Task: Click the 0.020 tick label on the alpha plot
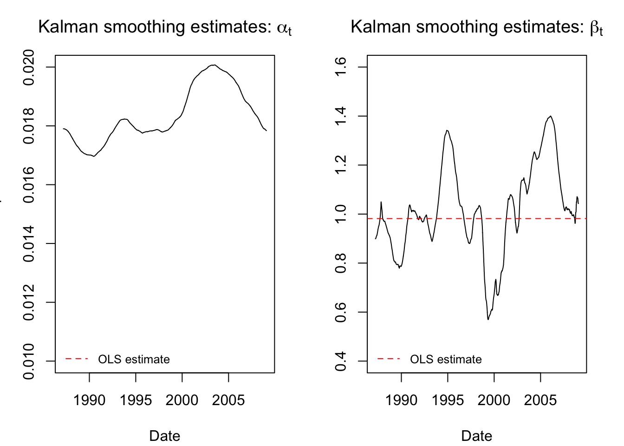pos(29,67)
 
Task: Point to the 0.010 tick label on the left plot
pos(29,361)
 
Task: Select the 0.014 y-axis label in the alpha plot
pos(29,244)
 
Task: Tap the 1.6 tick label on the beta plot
pos(341,67)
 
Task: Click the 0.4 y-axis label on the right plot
pos(341,361)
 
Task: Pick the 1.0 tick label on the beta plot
pos(341,214)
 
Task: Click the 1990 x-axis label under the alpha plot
pos(89,400)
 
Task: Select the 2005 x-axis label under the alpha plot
pos(228,400)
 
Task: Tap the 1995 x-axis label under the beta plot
pos(448,400)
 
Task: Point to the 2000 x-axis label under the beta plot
pos(494,400)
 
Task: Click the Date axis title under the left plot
pos(164,436)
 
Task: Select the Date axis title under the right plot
pos(476,436)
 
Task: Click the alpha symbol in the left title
pos(282,28)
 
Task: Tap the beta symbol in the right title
pos(595,28)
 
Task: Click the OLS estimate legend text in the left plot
pos(134,359)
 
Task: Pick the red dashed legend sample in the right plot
pos(389,359)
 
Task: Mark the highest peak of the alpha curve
pos(214,65)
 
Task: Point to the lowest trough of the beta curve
pos(488,319)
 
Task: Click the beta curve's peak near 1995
pos(447,131)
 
